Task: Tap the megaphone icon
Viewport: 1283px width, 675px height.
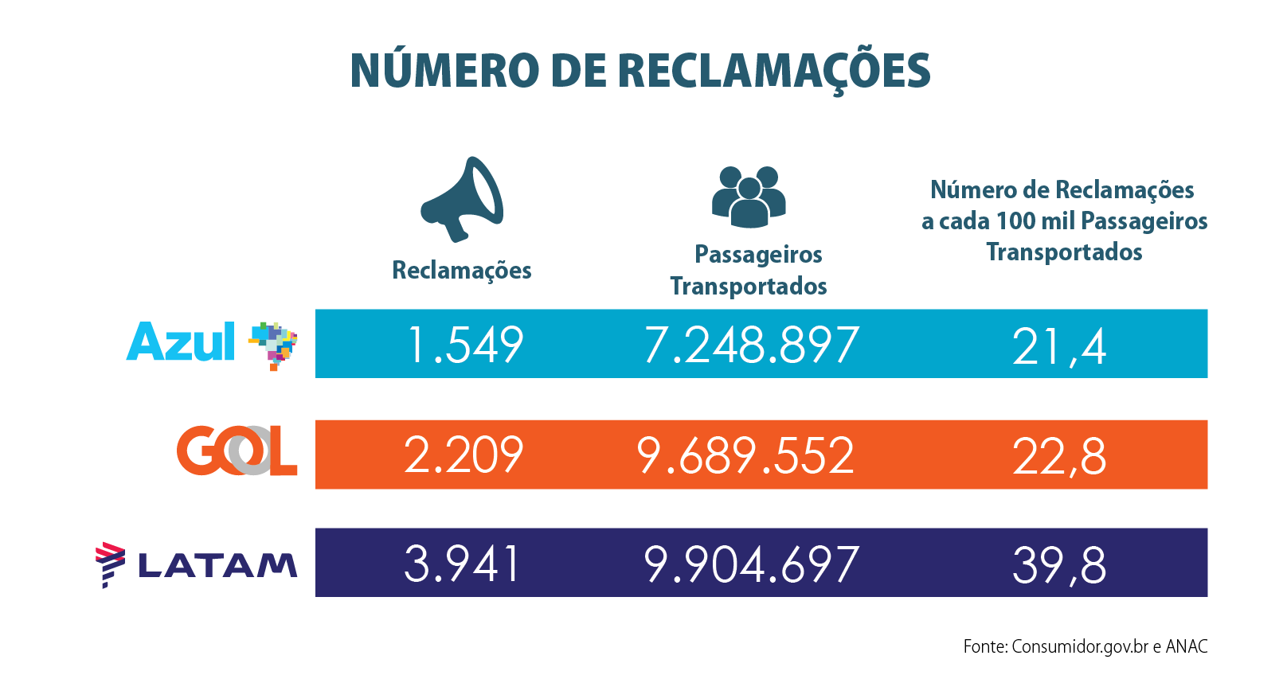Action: (463, 199)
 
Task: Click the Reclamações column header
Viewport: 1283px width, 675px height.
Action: (462, 271)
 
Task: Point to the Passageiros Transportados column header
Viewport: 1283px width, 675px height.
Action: (749, 270)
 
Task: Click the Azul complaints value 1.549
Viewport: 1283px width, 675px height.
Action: (464, 345)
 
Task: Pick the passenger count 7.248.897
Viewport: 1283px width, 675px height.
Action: (751, 345)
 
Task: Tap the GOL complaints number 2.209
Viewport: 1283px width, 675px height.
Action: (463, 455)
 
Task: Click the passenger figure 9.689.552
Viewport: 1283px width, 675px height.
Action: (745, 456)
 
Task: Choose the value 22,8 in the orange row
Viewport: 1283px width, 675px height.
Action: (1059, 457)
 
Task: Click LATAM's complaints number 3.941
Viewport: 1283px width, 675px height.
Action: (462, 564)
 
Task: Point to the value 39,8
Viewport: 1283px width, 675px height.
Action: (1059, 566)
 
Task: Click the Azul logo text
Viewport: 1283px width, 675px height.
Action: (181, 343)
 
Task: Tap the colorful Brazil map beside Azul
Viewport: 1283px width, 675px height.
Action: (273, 345)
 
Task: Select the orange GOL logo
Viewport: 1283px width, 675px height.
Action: (237, 451)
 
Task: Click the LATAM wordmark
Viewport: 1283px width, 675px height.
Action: (217, 565)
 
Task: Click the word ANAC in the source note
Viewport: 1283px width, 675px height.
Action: (1187, 646)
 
